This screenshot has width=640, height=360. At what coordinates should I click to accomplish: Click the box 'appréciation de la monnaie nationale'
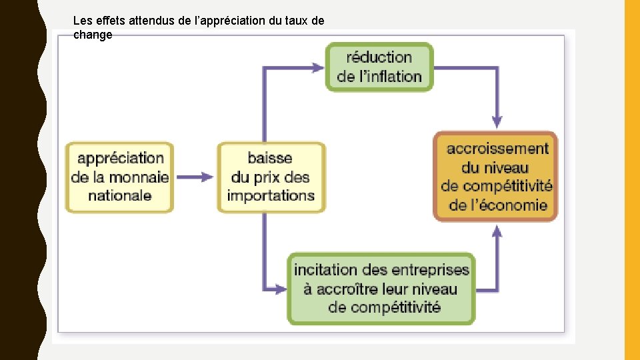coord(119,177)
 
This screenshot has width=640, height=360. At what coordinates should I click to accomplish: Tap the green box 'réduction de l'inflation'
coord(379,67)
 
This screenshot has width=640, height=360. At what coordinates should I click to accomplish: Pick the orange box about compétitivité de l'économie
coord(495,177)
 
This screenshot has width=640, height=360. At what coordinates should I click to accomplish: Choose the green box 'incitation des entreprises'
coord(381,289)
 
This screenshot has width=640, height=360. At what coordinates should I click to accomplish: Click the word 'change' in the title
coord(93,35)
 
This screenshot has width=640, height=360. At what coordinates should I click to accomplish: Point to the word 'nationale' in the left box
coord(120,196)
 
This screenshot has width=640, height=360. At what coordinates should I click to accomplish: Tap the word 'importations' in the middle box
coord(271,196)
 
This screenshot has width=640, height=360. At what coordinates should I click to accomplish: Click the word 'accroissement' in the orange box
coord(497,149)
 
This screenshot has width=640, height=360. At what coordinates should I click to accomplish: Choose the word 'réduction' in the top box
coord(379,57)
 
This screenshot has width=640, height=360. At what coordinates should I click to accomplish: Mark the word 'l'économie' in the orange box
coord(507,205)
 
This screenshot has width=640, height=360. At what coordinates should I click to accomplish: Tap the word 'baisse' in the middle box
coord(270,158)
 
